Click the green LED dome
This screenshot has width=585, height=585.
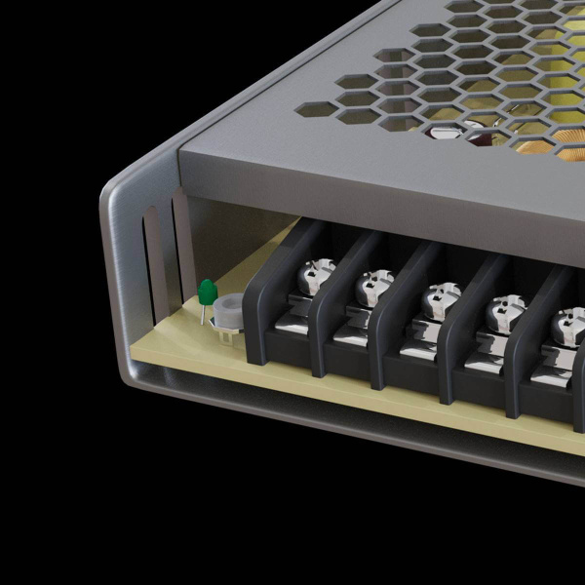point(207,291)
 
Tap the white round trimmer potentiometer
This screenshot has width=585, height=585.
point(230,311)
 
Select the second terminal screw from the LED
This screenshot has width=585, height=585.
point(372,286)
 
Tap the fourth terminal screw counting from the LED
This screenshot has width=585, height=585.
point(503,311)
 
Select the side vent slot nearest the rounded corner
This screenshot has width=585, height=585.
point(149,263)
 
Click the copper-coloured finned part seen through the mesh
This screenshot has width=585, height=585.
point(531,146)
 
